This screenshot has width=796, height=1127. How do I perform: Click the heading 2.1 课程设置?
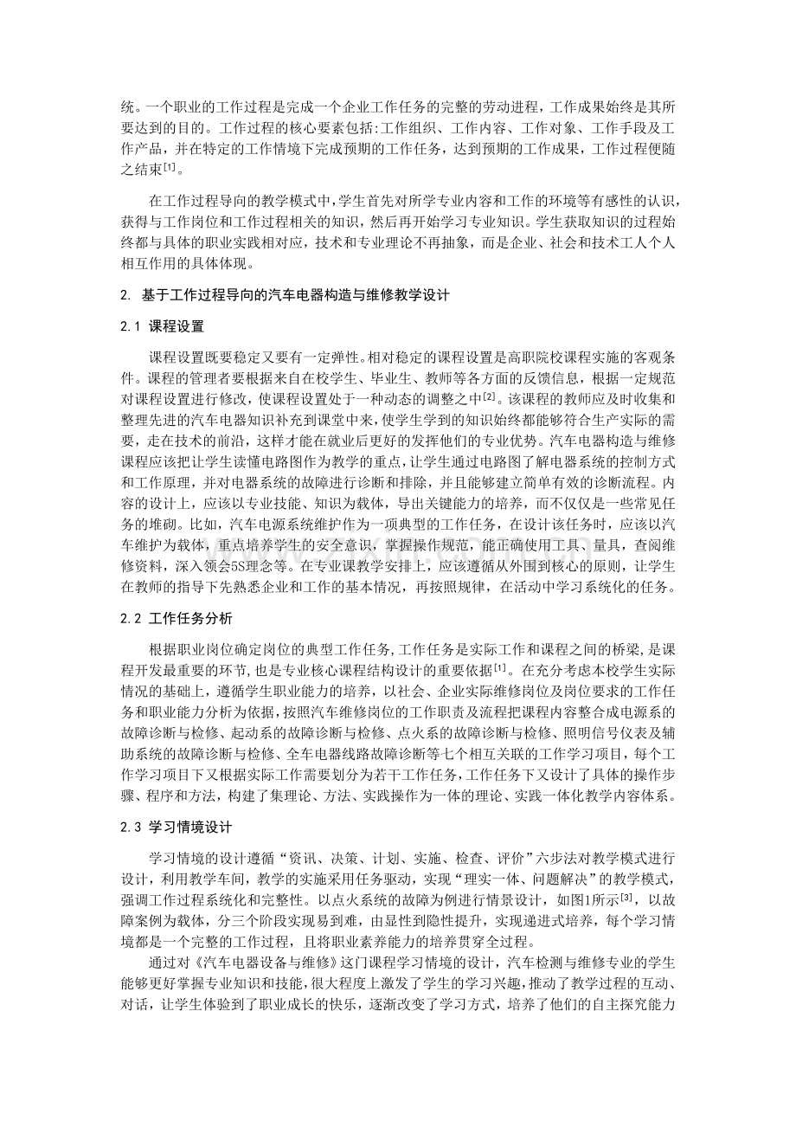pos(163,327)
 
